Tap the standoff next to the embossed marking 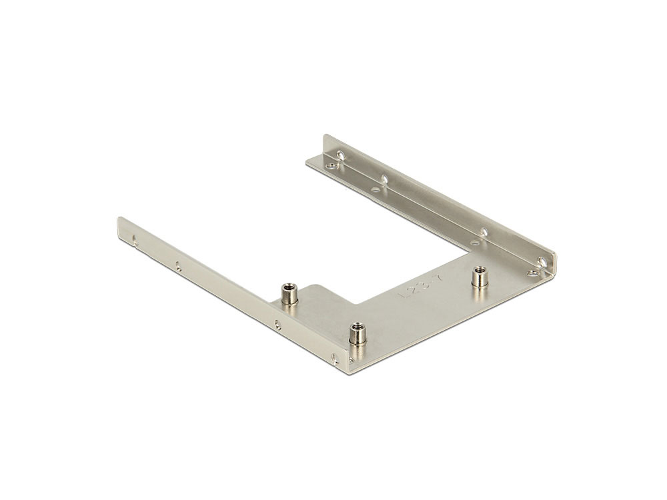(x=478, y=277)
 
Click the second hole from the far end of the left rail (x=177, y=265)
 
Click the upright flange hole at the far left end (x=341, y=156)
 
